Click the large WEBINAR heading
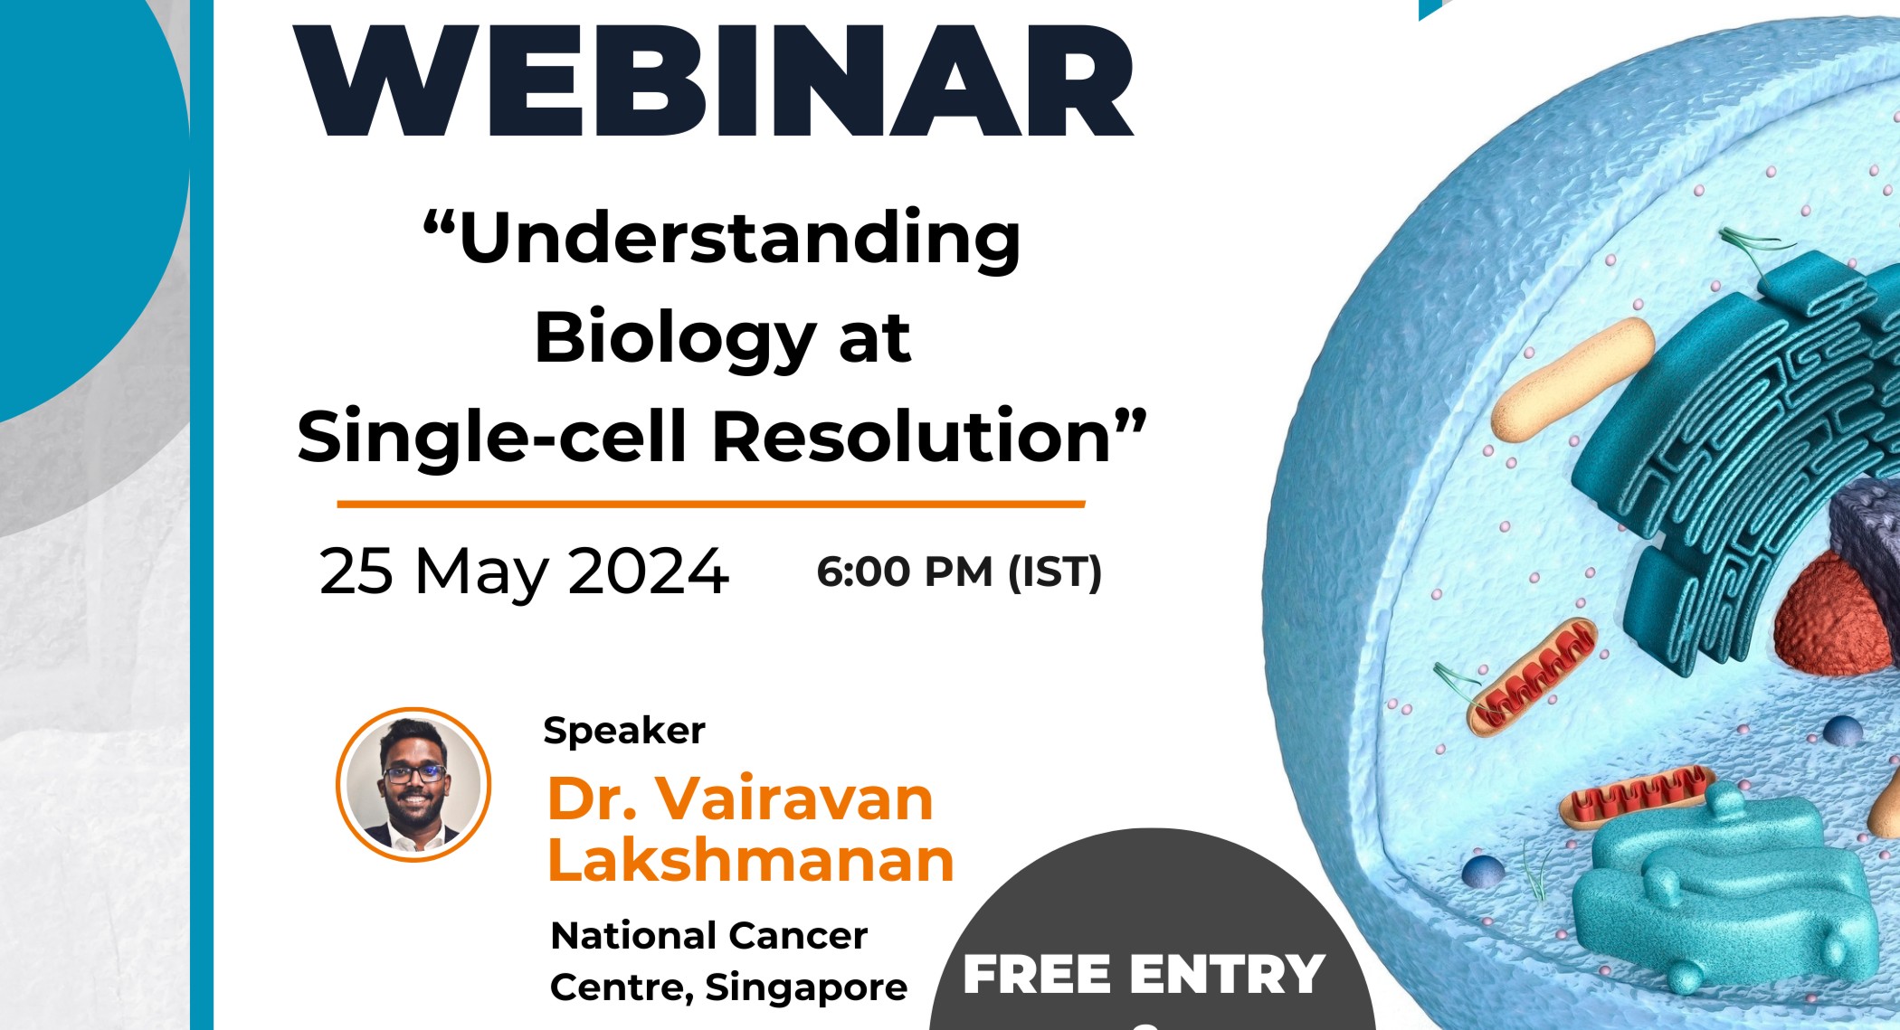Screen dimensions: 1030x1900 [x=712, y=81]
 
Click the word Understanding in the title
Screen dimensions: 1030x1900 [x=740, y=240]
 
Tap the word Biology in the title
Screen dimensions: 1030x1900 [x=675, y=338]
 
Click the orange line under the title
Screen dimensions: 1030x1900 [x=710, y=504]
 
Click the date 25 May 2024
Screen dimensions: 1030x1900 [x=523, y=572]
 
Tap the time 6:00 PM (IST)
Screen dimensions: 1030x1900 [x=958, y=572]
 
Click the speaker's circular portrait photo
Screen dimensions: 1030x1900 [x=413, y=784]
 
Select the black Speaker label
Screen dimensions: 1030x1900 [x=623, y=731]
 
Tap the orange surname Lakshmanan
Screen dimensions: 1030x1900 [x=751, y=860]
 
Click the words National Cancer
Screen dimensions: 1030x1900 [x=708, y=936]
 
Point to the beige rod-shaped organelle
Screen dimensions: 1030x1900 [x=1572, y=380]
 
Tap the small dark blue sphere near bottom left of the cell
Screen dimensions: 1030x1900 [x=1482, y=872]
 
